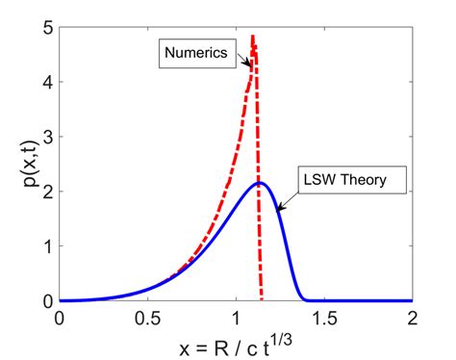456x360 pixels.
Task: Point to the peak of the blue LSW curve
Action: click(259, 183)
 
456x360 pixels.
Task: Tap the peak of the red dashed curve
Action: click(253, 38)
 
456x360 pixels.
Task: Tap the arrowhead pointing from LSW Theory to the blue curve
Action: click(277, 205)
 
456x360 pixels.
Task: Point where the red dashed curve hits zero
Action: click(262, 300)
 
